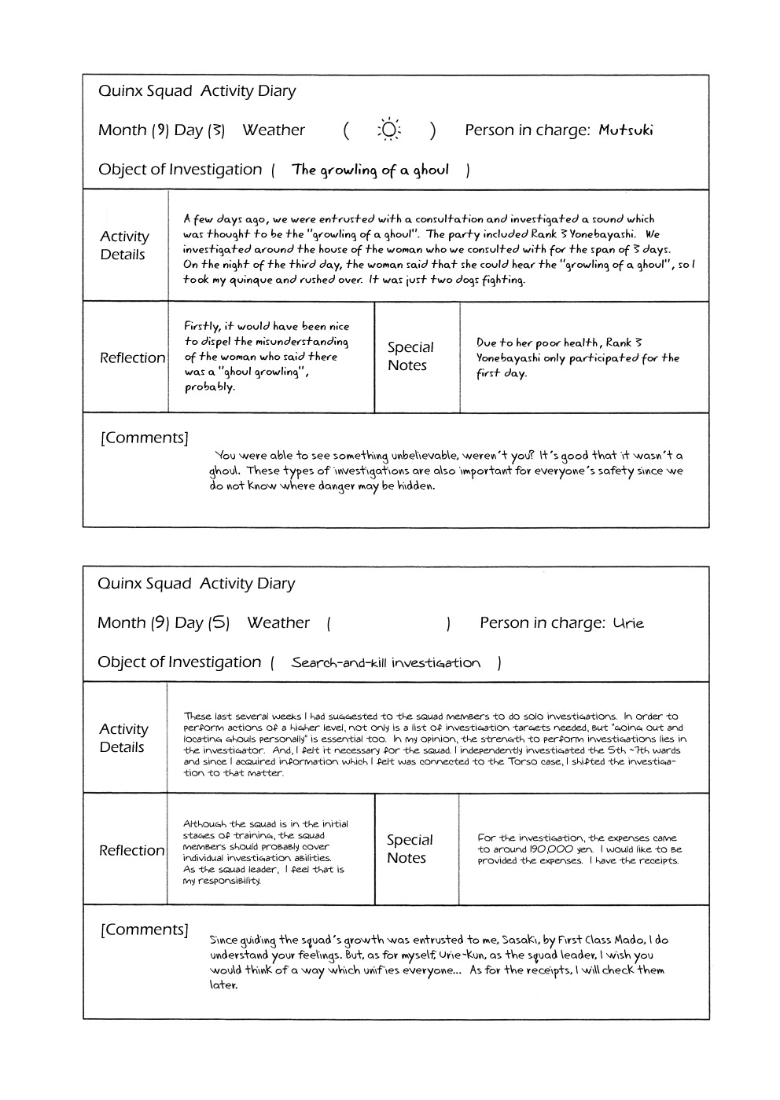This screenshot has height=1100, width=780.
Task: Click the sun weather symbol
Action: pos(388,130)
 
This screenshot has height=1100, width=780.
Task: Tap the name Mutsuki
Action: pos(625,130)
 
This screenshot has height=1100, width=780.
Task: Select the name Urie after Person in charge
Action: pos(628,623)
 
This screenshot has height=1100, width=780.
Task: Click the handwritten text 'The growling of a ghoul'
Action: pos(370,170)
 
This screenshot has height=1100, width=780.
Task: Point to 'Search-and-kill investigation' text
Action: pos(385,663)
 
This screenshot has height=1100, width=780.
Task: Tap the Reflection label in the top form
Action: pos(132,358)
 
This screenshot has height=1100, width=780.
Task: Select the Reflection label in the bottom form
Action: pos(131,851)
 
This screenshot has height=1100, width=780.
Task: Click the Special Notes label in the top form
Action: pos(410,356)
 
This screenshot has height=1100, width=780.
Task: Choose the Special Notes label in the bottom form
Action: pos(409,849)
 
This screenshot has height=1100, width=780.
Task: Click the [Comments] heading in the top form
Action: pos(145,438)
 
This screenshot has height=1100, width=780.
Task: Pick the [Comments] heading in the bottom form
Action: pos(145,929)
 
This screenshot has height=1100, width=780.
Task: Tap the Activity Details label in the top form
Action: pos(123,245)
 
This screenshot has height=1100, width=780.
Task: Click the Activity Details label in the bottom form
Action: pos(123,738)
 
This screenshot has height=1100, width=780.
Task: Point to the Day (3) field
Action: pos(200,130)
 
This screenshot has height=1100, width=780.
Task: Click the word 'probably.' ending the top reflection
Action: pos(209,387)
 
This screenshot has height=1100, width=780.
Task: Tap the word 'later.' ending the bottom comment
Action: pos(223,985)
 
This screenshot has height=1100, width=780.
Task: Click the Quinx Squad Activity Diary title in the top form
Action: pos(197,91)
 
